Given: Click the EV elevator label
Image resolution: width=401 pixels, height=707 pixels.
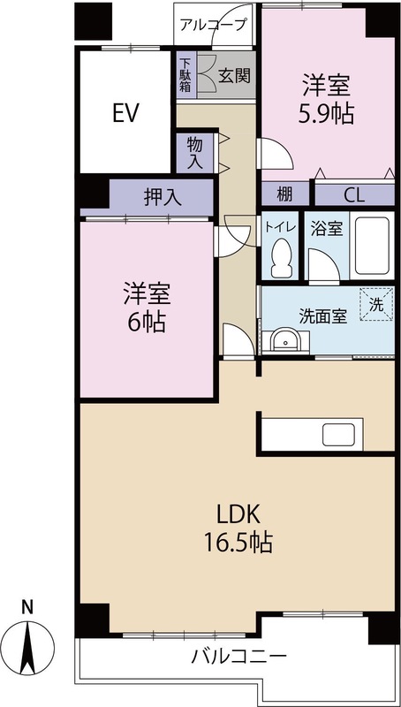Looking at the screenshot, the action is point(125,113).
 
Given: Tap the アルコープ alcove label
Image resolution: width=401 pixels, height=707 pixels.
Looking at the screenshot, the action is point(214,25).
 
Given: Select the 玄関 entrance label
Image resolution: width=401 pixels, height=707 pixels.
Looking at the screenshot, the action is point(234,75).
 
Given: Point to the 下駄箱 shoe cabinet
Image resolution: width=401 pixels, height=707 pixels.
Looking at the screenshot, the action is point(185,75).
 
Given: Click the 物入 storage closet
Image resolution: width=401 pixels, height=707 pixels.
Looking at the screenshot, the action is point(194,153).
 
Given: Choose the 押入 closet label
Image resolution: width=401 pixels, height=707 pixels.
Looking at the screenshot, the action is point(163,197).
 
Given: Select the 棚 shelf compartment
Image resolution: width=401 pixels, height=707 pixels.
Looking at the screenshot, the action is point(284,194).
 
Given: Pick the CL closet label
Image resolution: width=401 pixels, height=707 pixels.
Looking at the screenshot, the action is point(353,194).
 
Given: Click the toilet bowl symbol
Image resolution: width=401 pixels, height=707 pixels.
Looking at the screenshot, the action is point(282,258).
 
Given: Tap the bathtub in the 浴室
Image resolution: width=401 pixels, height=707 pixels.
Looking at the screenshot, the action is point(372,247).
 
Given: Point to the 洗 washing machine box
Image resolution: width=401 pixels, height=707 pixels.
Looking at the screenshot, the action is point(376,304).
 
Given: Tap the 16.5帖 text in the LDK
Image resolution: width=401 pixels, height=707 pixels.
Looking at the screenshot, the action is point(238,543).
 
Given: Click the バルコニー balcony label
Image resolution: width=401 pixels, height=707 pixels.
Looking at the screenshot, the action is point(238,656).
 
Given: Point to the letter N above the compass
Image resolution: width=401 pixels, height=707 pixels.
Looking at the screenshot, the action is point(28,608).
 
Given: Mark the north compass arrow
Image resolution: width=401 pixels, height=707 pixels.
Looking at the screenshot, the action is point(28,647).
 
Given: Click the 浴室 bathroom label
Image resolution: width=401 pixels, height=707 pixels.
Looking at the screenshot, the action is point(327,229).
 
